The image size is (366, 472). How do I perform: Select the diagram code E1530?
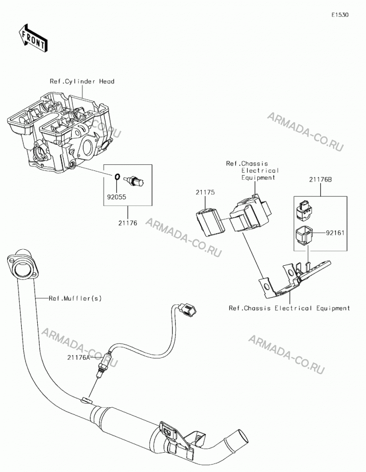[340, 15]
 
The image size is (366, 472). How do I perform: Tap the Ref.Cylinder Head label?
[82, 81]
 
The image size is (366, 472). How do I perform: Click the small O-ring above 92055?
[118, 177]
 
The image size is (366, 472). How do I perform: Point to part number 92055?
[116, 197]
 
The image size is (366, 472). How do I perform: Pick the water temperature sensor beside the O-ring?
[134, 180]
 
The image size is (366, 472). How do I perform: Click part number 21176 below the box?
[128, 223]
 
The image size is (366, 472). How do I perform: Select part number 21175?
[205, 193]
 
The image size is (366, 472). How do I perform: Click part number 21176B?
[320, 179]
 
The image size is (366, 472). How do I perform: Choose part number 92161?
[335, 233]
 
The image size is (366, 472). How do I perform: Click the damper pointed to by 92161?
[304, 235]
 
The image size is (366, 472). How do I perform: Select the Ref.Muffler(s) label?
[75, 298]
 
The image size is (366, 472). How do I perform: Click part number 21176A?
[78, 357]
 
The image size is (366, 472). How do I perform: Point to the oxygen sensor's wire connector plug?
[187, 311]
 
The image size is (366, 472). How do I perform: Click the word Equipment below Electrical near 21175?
[258, 177]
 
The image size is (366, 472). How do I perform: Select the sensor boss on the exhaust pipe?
[86, 400]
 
